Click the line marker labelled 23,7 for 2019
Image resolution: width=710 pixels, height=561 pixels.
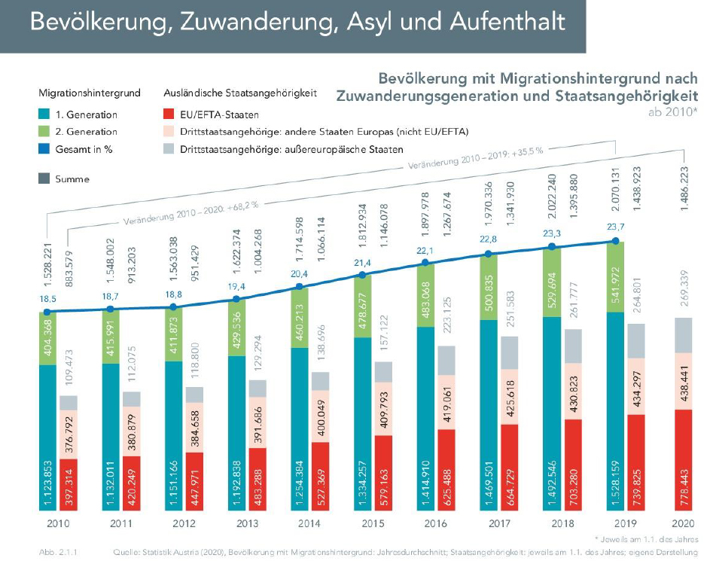[614, 242]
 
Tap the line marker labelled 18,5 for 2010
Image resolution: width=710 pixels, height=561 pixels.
[47, 311]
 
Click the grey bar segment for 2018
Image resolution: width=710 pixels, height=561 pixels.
[572, 346]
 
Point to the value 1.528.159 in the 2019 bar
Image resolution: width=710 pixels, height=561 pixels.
[615, 474]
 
